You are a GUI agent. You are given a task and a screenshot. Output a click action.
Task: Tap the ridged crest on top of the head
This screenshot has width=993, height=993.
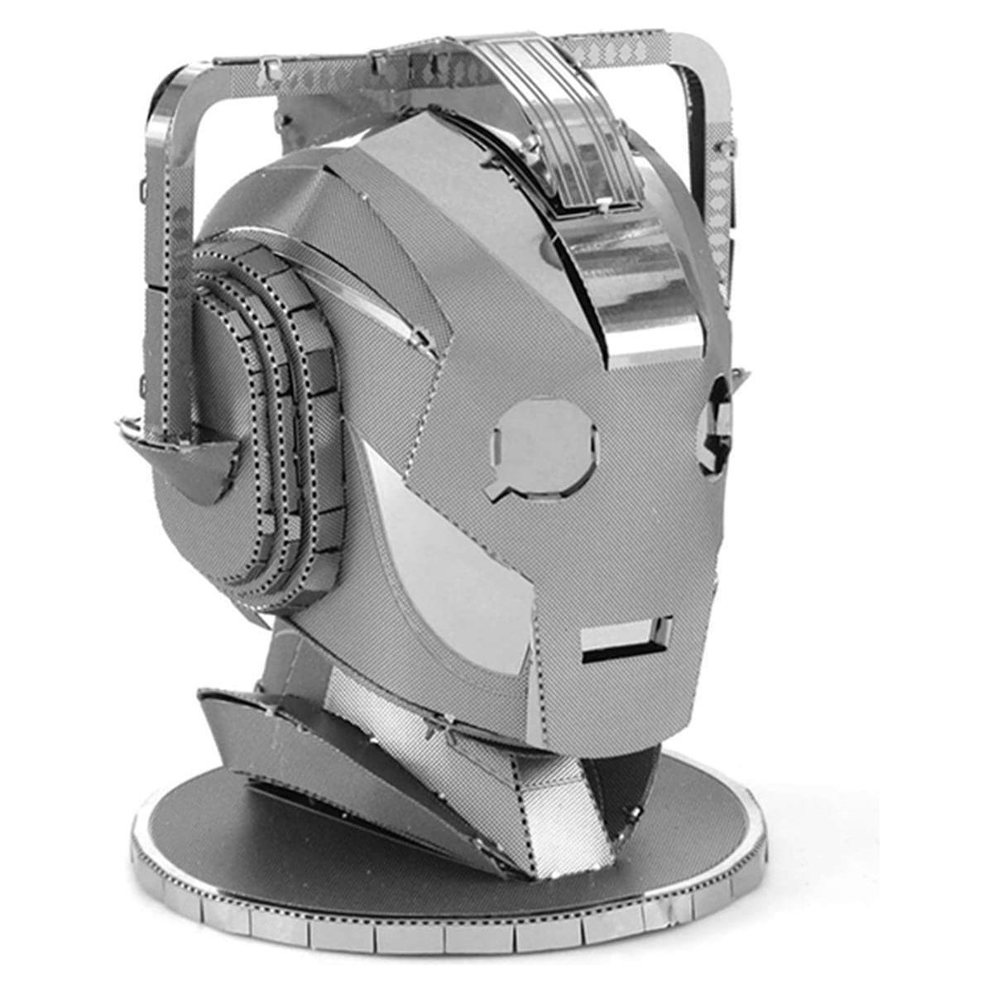click(579, 132)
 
